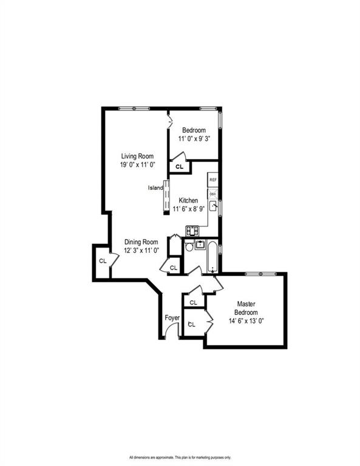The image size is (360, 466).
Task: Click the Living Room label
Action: click(137, 156)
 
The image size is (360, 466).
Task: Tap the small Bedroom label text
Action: click(194, 130)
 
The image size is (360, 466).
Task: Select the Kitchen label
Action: click(188, 201)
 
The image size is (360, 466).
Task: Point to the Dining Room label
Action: click(141, 241)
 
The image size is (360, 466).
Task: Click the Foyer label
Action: click(172, 317)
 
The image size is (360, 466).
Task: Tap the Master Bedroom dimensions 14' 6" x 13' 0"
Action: click(246, 322)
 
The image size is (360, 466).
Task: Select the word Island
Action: click(155, 187)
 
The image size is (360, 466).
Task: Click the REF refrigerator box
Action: click(212, 180)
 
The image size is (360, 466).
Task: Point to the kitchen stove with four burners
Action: click(193, 231)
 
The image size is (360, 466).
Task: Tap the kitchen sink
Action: click(213, 207)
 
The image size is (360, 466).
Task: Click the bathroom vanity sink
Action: click(200, 245)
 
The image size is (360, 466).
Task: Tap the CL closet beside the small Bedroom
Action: click(180, 166)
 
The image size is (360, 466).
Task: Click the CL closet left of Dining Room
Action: click(103, 261)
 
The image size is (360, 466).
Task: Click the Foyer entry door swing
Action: click(171, 331)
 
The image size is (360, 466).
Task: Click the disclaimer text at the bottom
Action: click(180, 458)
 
